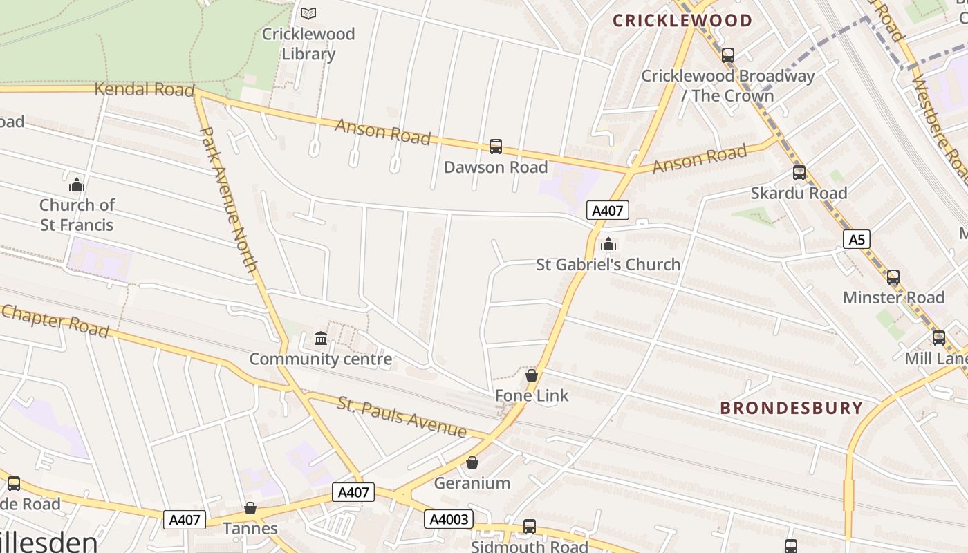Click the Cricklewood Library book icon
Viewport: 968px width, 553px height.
pyautogui.click(x=308, y=13)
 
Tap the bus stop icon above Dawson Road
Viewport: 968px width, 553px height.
pyautogui.click(x=496, y=147)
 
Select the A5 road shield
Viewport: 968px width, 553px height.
pyautogui.click(x=857, y=240)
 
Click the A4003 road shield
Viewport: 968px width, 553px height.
pyautogui.click(x=450, y=519)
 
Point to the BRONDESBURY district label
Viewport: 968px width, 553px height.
pyautogui.click(x=792, y=408)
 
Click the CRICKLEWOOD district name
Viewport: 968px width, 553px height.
pyautogui.click(x=682, y=21)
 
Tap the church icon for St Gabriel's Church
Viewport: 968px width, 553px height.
pyautogui.click(x=608, y=244)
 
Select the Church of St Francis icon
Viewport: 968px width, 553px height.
pyautogui.click(x=77, y=185)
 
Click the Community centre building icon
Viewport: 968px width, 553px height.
pyautogui.click(x=321, y=339)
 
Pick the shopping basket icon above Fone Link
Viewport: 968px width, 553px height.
pyautogui.click(x=532, y=375)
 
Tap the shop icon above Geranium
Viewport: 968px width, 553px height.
pyautogui.click(x=472, y=462)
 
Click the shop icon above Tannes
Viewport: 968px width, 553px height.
pyautogui.click(x=250, y=509)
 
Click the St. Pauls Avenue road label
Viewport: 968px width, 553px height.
pyautogui.click(x=402, y=416)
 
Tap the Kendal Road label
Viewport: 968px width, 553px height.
pyautogui.click(x=144, y=89)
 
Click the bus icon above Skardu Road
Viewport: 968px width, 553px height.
pyautogui.click(x=799, y=173)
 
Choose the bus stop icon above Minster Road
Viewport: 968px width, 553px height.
pyautogui.click(x=893, y=277)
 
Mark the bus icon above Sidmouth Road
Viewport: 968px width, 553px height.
pyautogui.click(x=530, y=527)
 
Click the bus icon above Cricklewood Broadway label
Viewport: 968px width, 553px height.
pyautogui.click(x=728, y=55)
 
